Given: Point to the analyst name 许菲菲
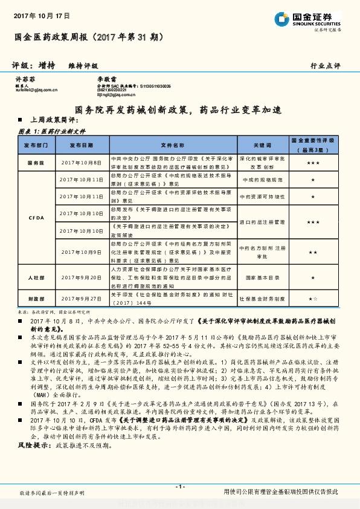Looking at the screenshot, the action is click(24, 79).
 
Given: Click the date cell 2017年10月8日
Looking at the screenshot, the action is click(82, 163).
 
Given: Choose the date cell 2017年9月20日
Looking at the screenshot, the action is click(82, 277).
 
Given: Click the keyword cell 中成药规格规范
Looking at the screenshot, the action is click(262, 180).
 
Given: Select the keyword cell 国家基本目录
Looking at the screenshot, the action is click(262, 277).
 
